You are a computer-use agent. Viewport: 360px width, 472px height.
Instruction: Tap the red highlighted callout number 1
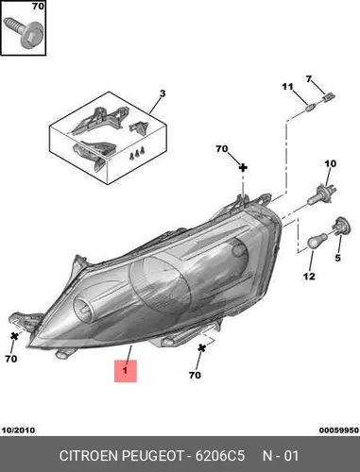[126, 371]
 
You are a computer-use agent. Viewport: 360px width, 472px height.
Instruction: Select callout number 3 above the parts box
[163, 93]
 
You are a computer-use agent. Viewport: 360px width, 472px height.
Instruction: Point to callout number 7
[309, 79]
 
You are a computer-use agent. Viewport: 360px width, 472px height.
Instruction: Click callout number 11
[287, 87]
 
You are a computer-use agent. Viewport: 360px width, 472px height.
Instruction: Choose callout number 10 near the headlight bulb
[330, 163]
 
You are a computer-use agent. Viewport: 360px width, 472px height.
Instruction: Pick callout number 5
[337, 258]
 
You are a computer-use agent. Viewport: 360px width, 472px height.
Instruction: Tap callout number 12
[309, 277]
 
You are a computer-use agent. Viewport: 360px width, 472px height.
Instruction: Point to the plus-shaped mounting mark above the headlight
[243, 168]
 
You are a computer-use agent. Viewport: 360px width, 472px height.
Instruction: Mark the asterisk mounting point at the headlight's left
[14, 336]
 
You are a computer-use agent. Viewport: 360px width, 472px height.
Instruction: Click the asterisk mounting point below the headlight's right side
[201, 348]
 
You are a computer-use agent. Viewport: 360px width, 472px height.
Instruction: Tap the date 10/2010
[19, 430]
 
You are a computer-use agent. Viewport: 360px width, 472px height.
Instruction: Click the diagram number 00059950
[339, 430]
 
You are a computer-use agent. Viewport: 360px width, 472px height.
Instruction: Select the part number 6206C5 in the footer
[220, 456]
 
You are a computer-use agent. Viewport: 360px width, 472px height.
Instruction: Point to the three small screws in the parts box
[137, 154]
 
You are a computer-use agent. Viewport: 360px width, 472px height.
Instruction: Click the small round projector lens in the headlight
[85, 308]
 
